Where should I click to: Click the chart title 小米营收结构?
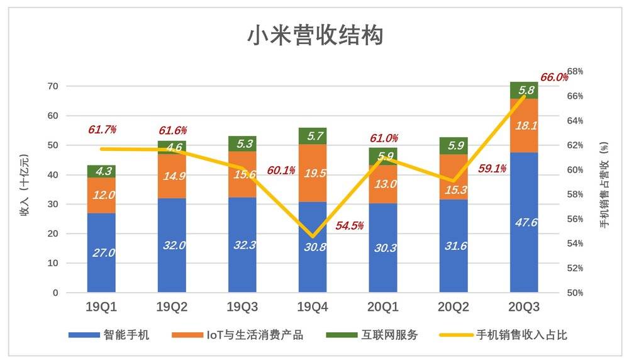[314, 36]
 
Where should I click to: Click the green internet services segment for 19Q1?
[101, 171]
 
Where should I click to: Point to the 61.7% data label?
[103, 130]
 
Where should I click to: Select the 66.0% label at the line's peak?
[554, 77]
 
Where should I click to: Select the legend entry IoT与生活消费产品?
[255, 335]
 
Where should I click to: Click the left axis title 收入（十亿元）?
[25, 185]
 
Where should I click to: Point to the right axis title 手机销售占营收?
[605, 186]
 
